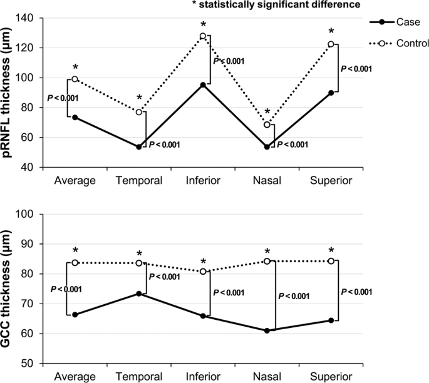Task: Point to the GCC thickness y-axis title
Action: [11, 288]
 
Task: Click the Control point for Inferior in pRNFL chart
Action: [203, 36]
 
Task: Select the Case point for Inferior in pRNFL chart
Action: [203, 84]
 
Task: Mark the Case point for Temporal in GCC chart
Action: [139, 294]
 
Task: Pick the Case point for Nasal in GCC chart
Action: [267, 330]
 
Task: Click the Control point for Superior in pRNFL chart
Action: [331, 44]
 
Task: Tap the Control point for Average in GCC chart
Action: [75, 263]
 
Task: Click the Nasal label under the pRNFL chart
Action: [267, 181]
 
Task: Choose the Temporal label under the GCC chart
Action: [139, 376]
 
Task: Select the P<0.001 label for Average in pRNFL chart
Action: [63, 98]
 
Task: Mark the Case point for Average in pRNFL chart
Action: [75, 118]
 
